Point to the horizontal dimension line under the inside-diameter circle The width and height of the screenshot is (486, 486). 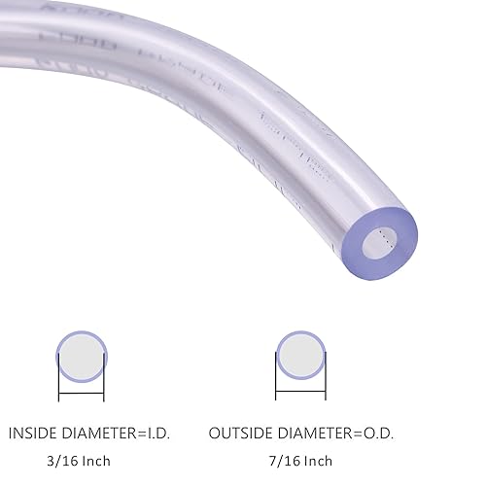tap(80, 399)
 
